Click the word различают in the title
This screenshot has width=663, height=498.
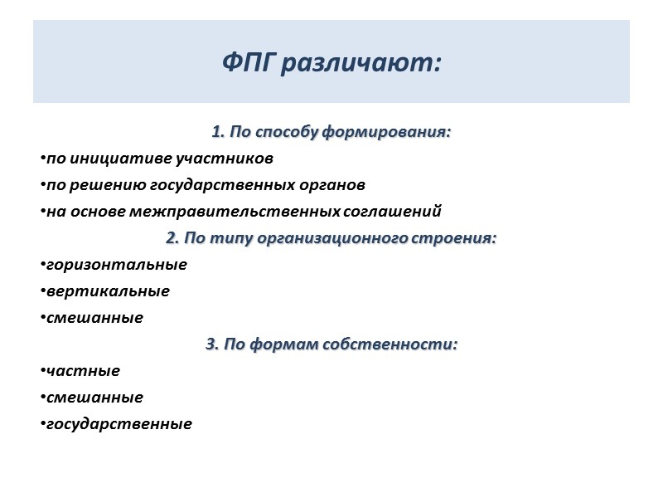point(360,63)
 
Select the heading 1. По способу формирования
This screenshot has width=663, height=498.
point(331,132)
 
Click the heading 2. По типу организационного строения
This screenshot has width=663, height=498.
point(331,238)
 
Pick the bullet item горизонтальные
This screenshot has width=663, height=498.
point(116,265)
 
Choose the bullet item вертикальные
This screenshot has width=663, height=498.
point(108,291)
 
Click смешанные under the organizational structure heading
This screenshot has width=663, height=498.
point(94,318)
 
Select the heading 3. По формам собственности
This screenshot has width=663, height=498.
point(331,344)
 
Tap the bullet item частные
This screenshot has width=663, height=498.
point(83,371)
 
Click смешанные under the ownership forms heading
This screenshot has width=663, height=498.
point(94,398)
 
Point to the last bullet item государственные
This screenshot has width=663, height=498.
point(119,424)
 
